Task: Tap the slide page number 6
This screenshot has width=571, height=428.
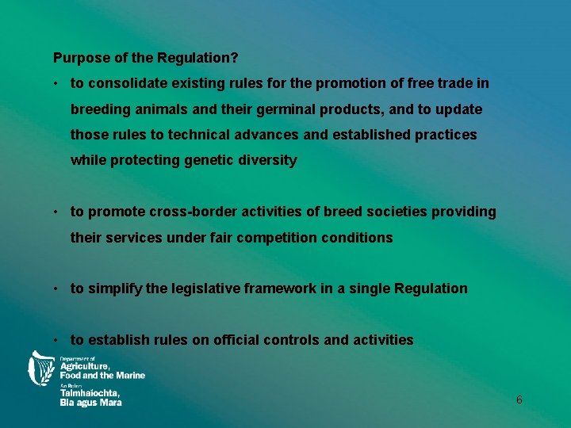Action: [x=519, y=400]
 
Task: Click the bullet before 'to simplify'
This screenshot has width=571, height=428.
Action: [x=57, y=289]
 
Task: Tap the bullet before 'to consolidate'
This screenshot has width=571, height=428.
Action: [x=57, y=83]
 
